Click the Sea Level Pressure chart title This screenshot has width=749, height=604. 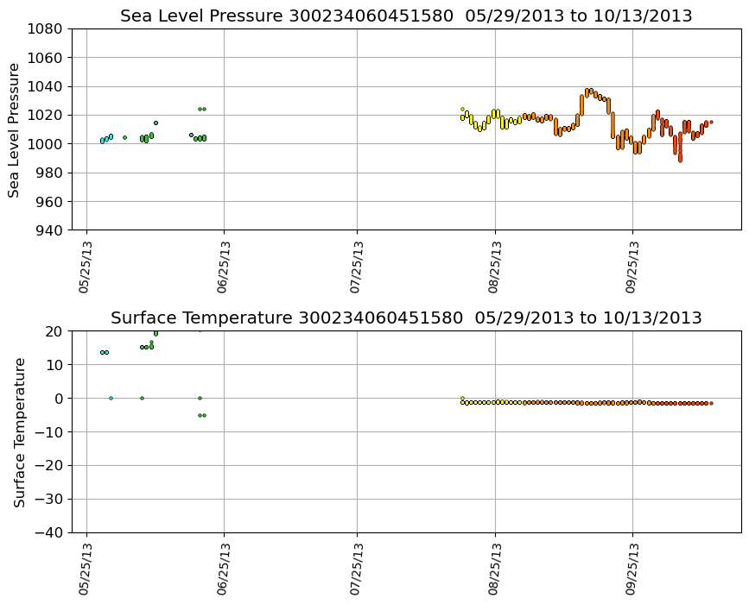[x=406, y=16]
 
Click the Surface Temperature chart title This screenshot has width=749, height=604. [x=406, y=318]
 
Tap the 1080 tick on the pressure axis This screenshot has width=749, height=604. [x=43, y=29]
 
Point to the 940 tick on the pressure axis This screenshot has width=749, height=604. [x=43, y=230]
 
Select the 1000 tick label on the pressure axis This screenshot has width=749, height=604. [x=43, y=144]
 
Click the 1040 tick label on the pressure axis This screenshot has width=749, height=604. [x=43, y=86]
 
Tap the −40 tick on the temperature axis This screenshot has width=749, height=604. [x=47, y=533]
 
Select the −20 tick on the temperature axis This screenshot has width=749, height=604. [x=47, y=466]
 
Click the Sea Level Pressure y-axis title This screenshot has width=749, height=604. [x=15, y=129]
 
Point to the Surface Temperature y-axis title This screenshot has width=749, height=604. [x=19, y=431]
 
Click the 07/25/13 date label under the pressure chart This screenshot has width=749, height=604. [x=357, y=267]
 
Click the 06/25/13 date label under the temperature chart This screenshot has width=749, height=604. [x=223, y=569]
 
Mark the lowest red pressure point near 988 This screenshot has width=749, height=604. [x=680, y=160]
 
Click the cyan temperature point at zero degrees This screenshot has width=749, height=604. [x=111, y=399]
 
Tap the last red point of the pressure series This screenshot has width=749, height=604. [x=711, y=123]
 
